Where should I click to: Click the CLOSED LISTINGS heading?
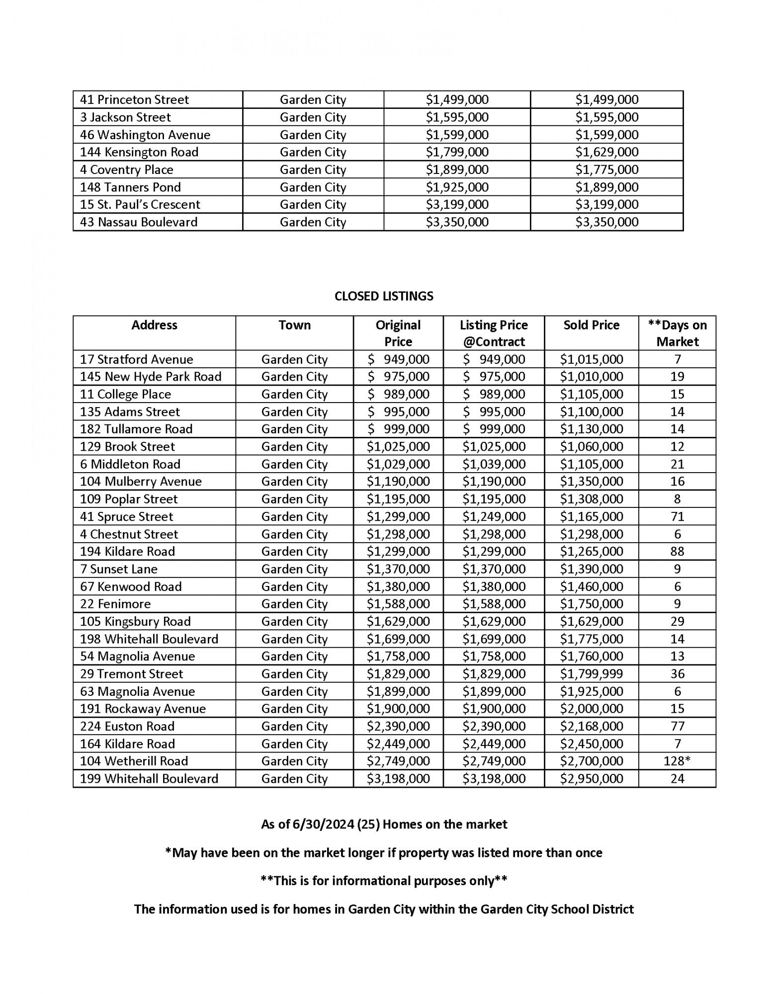pos(384,296)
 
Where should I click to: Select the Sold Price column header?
pos(591,325)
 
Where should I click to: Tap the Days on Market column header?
pos(677,333)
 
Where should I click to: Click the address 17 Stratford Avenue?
pos(137,359)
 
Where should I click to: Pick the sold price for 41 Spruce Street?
pos(591,516)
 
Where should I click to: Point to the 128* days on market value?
pos(677,761)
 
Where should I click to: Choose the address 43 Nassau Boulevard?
pos(139,222)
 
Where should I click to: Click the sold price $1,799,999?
pos(591,674)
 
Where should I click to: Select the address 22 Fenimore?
pos(115,604)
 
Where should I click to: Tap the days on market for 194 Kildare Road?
pos(677,551)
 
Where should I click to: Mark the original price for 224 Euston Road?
pos(398,726)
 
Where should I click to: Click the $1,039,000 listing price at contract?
pos(494,464)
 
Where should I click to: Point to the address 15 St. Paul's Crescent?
pos(140,205)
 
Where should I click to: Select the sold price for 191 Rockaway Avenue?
pos(591,709)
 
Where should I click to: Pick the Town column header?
pos(294,325)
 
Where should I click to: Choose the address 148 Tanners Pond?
pos(131,187)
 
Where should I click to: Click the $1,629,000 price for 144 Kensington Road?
pos(606,152)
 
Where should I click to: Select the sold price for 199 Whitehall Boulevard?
pos(591,779)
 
